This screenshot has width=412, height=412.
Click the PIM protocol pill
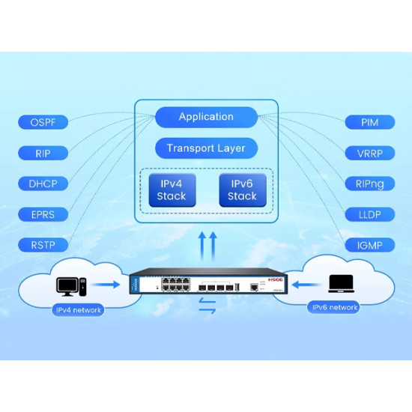tap(369, 122)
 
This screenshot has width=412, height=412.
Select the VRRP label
tap(369, 153)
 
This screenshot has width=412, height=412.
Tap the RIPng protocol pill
tap(369, 184)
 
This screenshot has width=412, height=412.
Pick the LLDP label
tap(369, 214)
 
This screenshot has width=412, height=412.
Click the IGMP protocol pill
tap(369, 245)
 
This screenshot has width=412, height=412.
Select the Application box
tap(206, 117)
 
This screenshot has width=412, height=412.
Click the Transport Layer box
tap(206, 148)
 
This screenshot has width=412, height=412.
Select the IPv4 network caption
tap(78, 309)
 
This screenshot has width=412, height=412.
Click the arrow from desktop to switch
tap(109, 285)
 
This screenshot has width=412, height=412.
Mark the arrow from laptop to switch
tap(303, 285)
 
